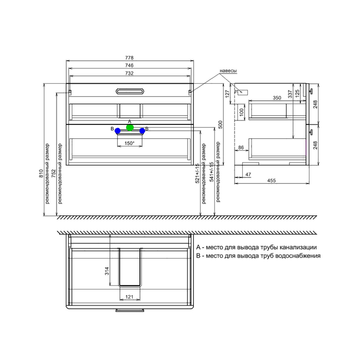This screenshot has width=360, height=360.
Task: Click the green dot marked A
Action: click(x=130, y=128)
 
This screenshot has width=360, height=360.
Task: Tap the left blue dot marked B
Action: click(x=118, y=131)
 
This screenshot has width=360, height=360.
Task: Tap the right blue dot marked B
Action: click(x=142, y=131)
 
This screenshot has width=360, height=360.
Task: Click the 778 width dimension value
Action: click(x=129, y=58)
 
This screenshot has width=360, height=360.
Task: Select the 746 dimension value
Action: click(x=129, y=65)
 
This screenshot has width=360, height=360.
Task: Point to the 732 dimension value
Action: click(x=129, y=73)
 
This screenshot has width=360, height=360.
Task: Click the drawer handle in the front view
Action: click(x=130, y=92)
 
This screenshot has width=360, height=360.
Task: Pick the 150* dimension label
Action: click(x=130, y=143)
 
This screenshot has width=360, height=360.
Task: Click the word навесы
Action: click(x=228, y=71)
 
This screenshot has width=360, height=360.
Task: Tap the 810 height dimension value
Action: click(x=41, y=173)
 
